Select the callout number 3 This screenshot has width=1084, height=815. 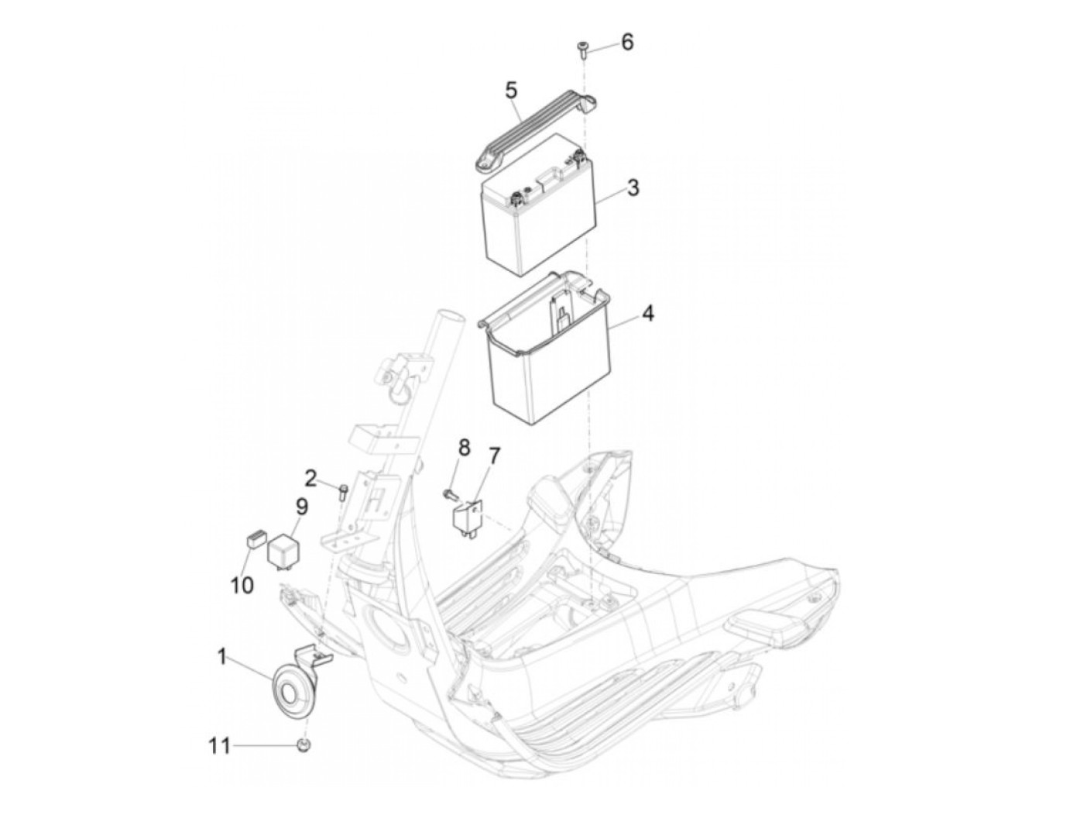tap(633, 187)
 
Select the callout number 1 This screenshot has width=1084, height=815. tap(221, 657)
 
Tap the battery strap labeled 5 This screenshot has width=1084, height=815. tap(535, 127)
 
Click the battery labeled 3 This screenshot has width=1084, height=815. tap(539, 204)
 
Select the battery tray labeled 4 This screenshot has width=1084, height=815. tap(545, 348)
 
